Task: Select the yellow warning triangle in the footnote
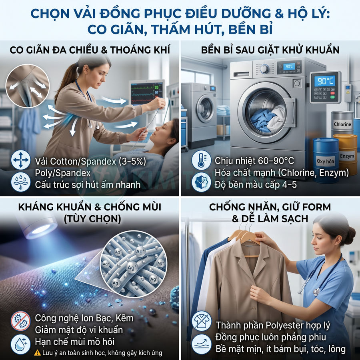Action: coord(37,352)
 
